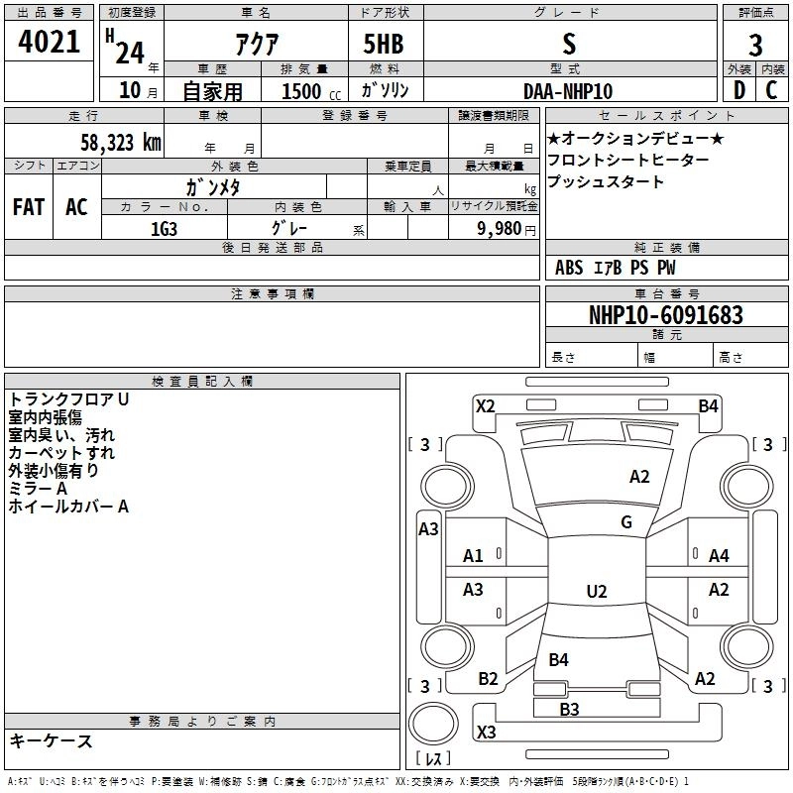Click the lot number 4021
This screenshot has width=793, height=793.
pos(50,44)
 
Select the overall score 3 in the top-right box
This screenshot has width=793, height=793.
pos(755,45)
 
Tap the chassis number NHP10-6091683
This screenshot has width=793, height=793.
pos(665,315)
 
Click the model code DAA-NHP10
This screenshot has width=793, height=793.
pos(568,91)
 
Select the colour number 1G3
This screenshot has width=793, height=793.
pos(164,228)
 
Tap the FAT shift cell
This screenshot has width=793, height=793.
pos(29,207)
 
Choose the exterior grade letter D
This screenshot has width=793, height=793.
pos(739,90)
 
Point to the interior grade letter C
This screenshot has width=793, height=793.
pos(771,90)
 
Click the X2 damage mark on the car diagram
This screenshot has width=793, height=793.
pos(485,405)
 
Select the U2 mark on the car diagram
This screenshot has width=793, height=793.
pos(596,592)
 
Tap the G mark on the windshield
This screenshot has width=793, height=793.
pos(626,521)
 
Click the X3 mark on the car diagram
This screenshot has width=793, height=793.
pos(486,733)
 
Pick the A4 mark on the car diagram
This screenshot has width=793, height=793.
pos(719,556)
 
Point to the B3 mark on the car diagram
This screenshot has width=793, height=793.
pos(569,709)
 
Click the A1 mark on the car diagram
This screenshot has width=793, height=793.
pos(474,556)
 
